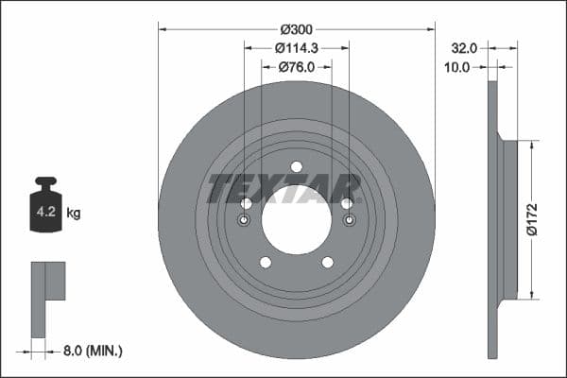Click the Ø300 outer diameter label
(x=297, y=30)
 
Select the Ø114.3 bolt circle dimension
(x=297, y=48)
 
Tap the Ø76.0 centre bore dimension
(x=297, y=67)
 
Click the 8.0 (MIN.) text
(x=91, y=351)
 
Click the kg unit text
(x=74, y=214)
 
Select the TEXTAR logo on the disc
(x=283, y=189)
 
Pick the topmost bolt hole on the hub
(x=297, y=167)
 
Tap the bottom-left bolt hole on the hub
(x=266, y=263)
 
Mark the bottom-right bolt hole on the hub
(x=328, y=263)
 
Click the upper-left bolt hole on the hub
(x=247, y=203)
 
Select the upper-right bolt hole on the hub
(x=347, y=203)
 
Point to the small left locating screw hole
(x=244, y=220)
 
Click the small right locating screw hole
(x=350, y=220)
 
